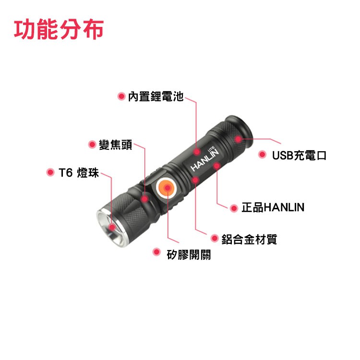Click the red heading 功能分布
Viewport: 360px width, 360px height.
59,29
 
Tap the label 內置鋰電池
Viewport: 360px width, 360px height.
156,96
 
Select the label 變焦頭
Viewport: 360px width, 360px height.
116,144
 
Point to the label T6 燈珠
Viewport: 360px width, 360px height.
79,173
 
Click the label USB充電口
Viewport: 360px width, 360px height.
299,156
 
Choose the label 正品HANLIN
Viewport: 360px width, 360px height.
273,207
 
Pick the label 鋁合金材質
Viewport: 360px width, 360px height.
249,239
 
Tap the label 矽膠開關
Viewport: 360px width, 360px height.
189,254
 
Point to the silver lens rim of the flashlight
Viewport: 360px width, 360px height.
111,228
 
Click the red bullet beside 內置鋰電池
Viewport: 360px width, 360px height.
121,96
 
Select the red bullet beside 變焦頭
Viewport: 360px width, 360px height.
92,144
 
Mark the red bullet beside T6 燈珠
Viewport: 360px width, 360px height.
50,172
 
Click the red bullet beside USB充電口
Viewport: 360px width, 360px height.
262,154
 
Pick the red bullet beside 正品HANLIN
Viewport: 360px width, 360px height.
234,208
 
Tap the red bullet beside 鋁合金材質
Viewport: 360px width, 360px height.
215,238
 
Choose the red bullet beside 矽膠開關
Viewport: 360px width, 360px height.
156,252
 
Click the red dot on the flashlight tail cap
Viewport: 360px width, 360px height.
238,139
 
